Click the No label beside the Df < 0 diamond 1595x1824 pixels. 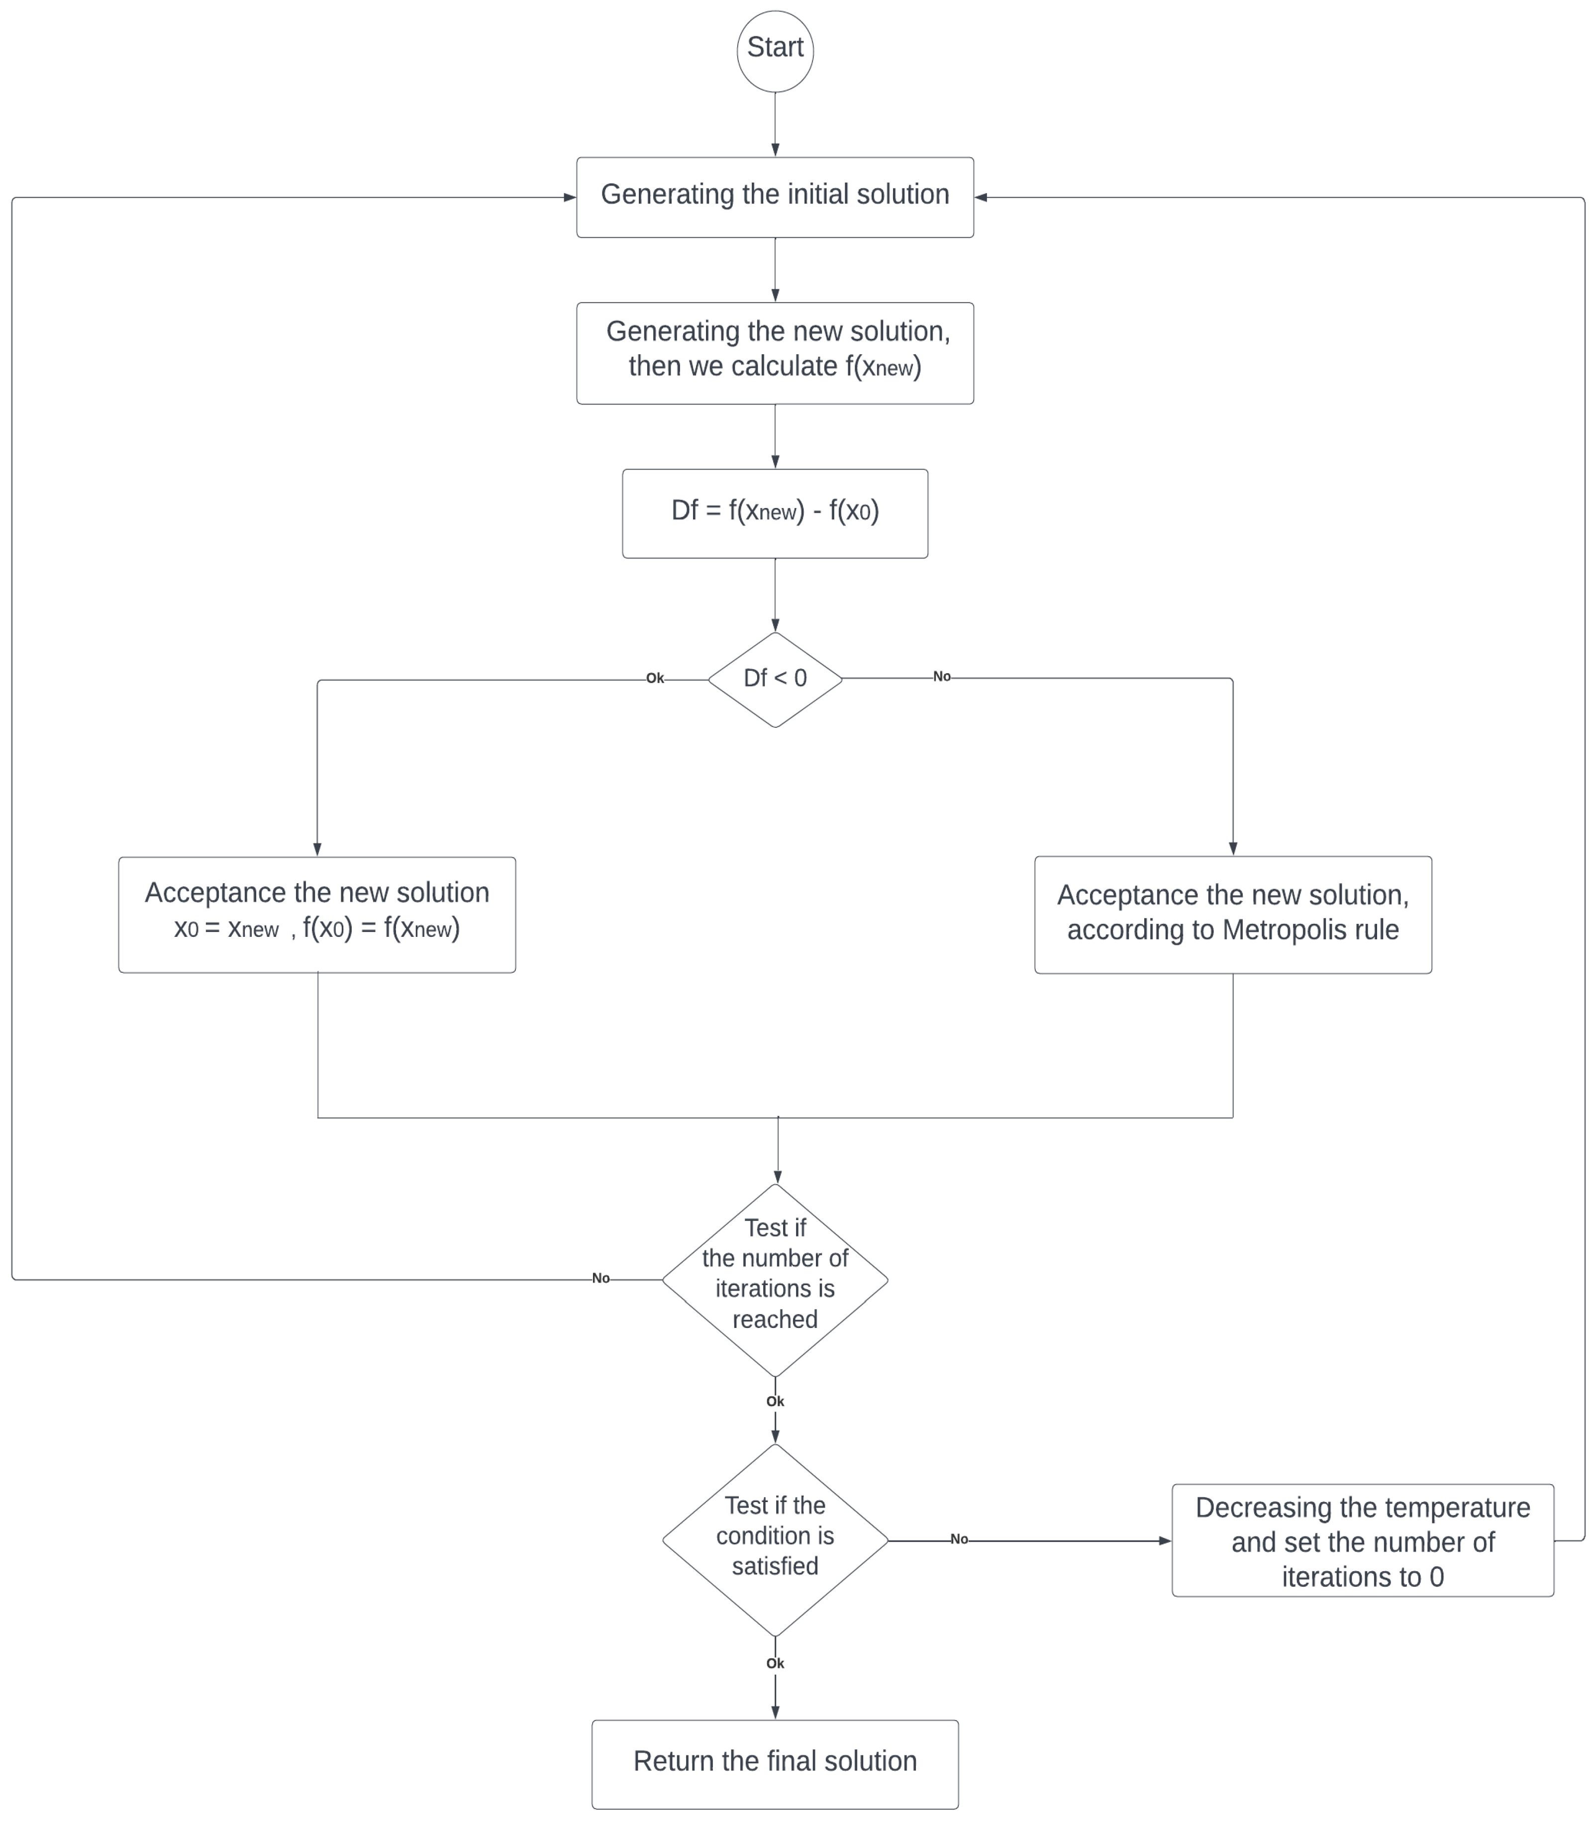(942, 677)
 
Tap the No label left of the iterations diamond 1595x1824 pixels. (601, 1278)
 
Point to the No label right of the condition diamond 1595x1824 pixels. (959, 1539)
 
